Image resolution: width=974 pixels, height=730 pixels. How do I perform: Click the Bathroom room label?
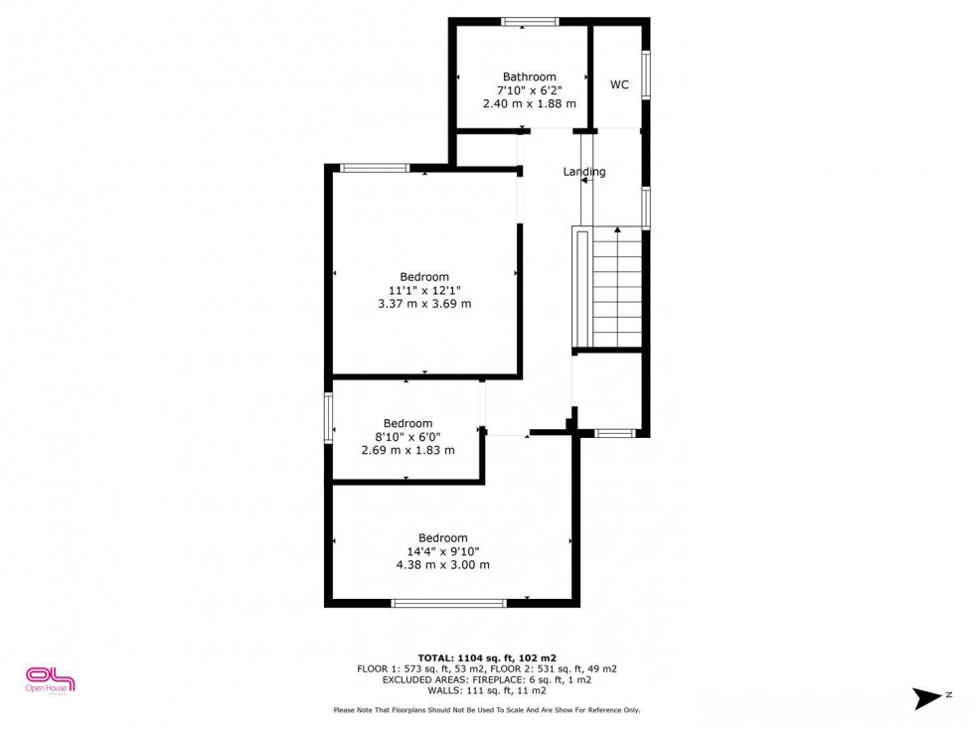529,76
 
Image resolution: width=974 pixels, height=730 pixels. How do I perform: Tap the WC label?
619,85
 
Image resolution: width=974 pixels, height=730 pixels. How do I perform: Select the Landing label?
584,172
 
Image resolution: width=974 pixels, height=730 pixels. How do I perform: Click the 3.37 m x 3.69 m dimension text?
424,304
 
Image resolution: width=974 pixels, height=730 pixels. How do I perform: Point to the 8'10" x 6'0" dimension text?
407,436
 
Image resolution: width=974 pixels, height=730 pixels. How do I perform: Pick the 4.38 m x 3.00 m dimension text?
442,565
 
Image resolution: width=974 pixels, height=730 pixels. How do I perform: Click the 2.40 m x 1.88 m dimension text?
529,103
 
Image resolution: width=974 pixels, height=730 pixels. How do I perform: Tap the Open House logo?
51,679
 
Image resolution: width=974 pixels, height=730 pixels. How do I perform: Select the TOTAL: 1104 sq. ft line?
486,657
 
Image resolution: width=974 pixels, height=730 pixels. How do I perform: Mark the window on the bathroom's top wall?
529,22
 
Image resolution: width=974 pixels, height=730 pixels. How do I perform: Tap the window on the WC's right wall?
646,74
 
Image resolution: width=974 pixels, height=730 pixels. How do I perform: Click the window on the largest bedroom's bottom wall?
448,603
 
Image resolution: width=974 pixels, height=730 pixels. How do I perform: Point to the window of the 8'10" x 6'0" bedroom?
328,417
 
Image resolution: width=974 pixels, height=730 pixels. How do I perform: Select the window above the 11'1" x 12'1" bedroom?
375,168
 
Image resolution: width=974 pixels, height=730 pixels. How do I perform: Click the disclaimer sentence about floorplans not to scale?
487,710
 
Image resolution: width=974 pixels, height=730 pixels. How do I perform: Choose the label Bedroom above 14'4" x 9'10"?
442,538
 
